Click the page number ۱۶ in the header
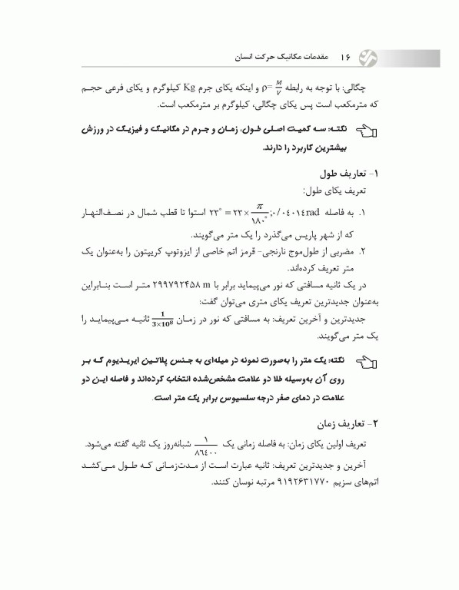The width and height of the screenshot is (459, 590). tap(347, 57)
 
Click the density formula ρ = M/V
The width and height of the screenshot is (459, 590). tap(269, 85)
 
